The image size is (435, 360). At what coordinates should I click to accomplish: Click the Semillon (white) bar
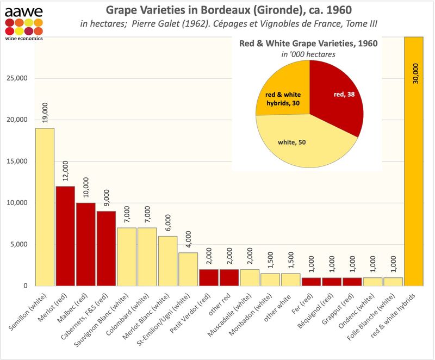pos(45,207)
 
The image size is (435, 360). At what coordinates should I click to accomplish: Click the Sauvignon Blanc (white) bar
pos(127,256)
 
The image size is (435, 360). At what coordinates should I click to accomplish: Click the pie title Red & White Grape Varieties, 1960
pos(309,44)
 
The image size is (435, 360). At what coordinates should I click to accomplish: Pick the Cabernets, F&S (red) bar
pos(107,248)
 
